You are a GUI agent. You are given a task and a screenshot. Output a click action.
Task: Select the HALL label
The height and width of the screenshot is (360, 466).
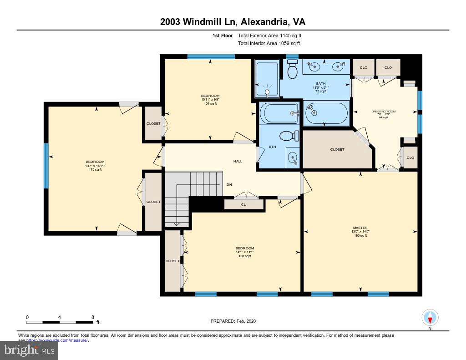point(238,161)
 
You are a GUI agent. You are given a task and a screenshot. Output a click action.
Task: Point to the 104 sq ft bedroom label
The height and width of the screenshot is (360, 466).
point(210,99)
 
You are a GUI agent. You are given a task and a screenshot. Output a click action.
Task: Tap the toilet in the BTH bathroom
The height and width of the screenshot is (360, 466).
point(289,136)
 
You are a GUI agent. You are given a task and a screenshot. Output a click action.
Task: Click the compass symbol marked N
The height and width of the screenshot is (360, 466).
point(430,317)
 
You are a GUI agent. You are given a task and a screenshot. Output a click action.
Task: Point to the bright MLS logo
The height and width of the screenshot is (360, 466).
point(29,350)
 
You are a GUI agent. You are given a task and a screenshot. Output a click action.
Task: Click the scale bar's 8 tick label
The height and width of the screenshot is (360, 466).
point(93,317)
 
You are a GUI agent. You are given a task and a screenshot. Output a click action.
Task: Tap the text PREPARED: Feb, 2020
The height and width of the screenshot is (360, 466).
point(233,321)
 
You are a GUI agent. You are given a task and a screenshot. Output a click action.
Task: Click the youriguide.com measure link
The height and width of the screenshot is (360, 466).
point(57,340)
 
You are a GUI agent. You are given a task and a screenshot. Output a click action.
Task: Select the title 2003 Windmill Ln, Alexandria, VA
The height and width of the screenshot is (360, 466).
point(233,22)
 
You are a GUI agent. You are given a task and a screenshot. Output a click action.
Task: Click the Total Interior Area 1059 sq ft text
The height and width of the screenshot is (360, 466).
point(269,44)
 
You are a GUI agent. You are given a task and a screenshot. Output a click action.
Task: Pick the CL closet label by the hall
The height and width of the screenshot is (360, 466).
point(243,205)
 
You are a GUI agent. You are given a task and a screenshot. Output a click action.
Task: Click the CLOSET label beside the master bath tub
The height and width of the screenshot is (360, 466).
point(337,149)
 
